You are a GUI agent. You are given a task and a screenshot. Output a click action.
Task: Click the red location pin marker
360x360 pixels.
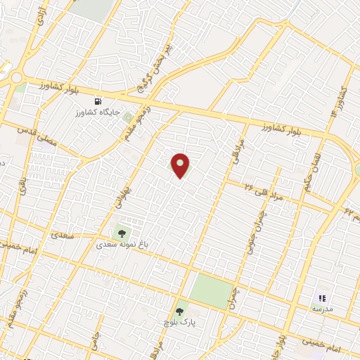click(x=181, y=166)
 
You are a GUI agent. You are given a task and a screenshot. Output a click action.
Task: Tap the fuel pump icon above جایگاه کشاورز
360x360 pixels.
click(x=107, y=101)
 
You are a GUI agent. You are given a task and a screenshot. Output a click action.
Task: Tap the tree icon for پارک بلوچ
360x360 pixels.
click(x=181, y=310)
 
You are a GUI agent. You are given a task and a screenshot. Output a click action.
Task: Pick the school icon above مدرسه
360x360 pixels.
click(x=323, y=298)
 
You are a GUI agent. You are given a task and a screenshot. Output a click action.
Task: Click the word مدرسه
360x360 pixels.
click(x=323, y=309)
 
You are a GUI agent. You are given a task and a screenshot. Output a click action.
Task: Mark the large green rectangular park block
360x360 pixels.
click(x=212, y=290)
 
